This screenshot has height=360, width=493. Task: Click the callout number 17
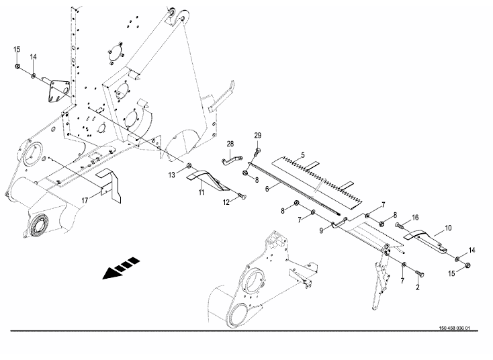click(x=85, y=199)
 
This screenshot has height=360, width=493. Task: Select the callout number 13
click(x=173, y=175)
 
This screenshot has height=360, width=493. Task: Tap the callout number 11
click(x=201, y=193)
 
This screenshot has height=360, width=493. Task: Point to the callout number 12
click(x=226, y=201)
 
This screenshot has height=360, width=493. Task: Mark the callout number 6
click(x=267, y=190)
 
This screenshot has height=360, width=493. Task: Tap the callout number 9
click(x=322, y=229)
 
